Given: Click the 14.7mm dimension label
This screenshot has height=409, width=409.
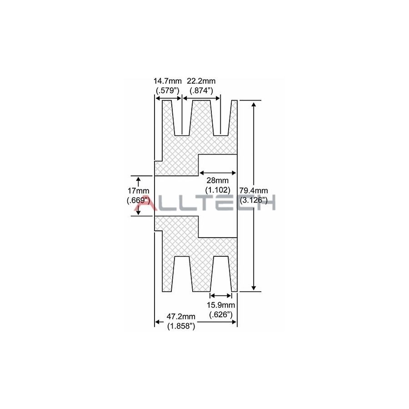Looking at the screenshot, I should click(x=168, y=81).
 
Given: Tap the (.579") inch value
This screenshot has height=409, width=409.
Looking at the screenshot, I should click(x=168, y=90).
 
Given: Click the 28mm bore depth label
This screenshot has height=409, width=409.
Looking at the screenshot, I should click(x=217, y=180).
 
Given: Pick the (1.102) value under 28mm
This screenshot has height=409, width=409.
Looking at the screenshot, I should click(x=217, y=190).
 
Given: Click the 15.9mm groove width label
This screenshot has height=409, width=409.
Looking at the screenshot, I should click(x=221, y=305).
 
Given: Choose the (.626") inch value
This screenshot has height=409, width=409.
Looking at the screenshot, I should click(x=221, y=314).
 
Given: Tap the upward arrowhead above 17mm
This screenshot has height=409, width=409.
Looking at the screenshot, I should click(x=138, y=179).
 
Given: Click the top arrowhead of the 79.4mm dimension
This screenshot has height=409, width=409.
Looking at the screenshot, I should click(x=253, y=104).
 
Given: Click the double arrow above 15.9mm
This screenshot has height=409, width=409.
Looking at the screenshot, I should click(x=221, y=295).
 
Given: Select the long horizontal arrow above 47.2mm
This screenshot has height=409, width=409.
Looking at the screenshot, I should click(x=196, y=322).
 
